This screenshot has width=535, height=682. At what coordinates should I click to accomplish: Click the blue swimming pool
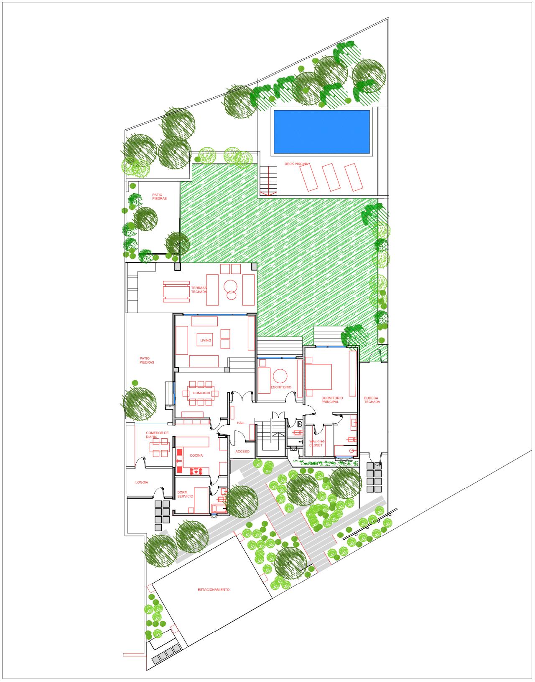(321, 131)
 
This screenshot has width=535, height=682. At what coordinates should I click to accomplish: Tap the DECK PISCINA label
(296, 164)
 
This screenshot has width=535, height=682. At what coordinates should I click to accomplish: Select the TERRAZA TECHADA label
(199, 290)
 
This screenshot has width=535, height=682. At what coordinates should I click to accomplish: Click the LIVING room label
(206, 341)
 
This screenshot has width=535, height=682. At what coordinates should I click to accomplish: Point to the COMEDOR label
(201, 393)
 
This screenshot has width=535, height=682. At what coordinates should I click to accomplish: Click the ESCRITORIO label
(281, 387)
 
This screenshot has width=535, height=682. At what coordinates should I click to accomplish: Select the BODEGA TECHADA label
(372, 399)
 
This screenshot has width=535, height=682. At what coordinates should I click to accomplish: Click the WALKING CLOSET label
(316, 443)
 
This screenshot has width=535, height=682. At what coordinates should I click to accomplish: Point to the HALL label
(241, 423)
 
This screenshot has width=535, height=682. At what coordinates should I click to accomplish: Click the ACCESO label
(242, 452)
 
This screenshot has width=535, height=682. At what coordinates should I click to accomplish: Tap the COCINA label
(196, 455)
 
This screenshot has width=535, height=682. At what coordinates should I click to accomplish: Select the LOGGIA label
(142, 482)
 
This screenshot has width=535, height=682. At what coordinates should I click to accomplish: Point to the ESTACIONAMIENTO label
(214, 590)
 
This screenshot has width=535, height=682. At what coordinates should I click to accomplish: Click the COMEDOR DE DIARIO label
(157, 434)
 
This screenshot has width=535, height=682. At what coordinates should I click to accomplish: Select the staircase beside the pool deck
(267, 180)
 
